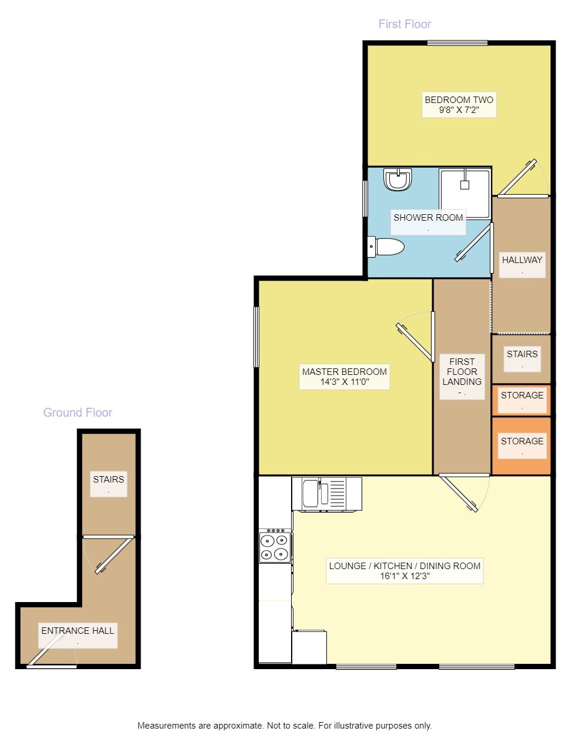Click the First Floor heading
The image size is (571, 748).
[x=405, y=24]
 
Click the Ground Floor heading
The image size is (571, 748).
[x=78, y=413]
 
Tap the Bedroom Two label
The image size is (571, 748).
[x=459, y=100]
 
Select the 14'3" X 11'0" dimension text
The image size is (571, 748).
[x=345, y=382]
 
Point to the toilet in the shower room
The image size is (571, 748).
[x=387, y=247]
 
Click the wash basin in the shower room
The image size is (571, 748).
[x=398, y=179]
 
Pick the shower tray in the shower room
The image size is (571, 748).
[x=465, y=193]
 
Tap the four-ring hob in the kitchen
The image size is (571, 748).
[x=275, y=547]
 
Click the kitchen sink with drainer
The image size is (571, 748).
[x=326, y=494]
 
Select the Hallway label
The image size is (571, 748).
[x=522, y=260]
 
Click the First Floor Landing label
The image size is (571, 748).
[x=462, y=372]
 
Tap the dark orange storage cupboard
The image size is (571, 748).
[x=521, y=446]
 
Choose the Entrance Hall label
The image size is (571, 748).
[x=78, y=631]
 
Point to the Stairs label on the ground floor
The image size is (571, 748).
[x=109, y=480]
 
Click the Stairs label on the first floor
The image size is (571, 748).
[x=522, y=354]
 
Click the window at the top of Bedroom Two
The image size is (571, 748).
[x=458, y=43]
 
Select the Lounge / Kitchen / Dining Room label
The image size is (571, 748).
[x=405, y=566]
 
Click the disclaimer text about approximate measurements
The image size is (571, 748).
[x=285, y=726]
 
